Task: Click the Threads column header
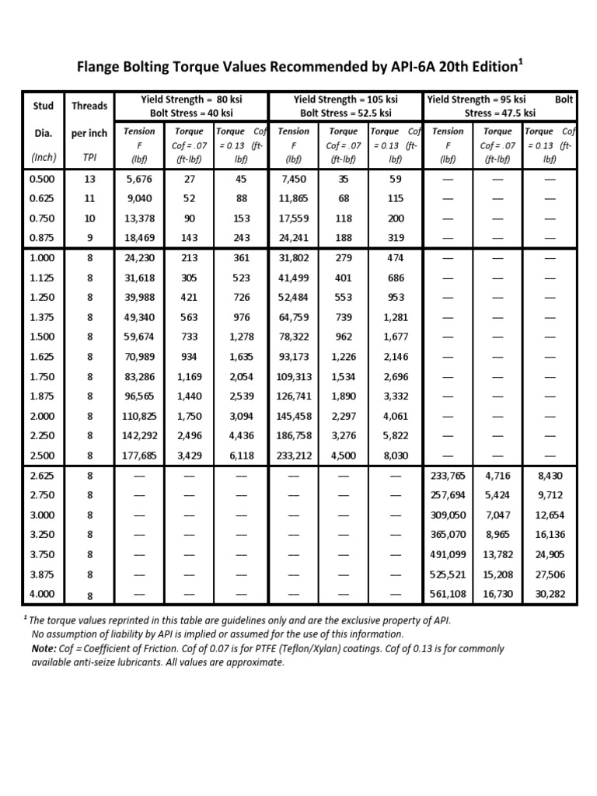89,106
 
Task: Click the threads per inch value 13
89,178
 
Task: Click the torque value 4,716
498,475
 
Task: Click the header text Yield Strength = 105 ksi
346,99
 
